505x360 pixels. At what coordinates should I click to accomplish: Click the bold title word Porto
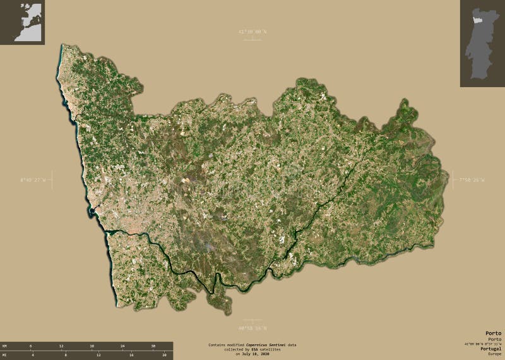tap(494, 333)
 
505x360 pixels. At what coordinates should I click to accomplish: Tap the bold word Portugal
tap(491, 349)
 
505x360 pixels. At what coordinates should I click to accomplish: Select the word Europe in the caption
tap(494, 354)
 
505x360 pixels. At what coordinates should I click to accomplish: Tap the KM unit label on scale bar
tap(4, 346)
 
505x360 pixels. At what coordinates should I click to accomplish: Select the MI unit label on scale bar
tap(4, 355)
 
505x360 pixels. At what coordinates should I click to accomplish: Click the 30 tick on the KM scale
tap(153, 346)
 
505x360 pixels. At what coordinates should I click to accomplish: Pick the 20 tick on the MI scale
tap(164, 355)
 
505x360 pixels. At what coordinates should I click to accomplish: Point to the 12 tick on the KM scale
tap(61, 346)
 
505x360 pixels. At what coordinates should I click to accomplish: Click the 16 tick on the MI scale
tap(131, 355)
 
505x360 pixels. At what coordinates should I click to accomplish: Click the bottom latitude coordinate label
tap(252, 328)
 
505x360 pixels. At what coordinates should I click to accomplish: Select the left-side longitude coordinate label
tap(33, 181)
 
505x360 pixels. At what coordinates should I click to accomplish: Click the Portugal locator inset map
tap(482, 43)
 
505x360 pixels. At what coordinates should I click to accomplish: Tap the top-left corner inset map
tap(22, 22)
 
